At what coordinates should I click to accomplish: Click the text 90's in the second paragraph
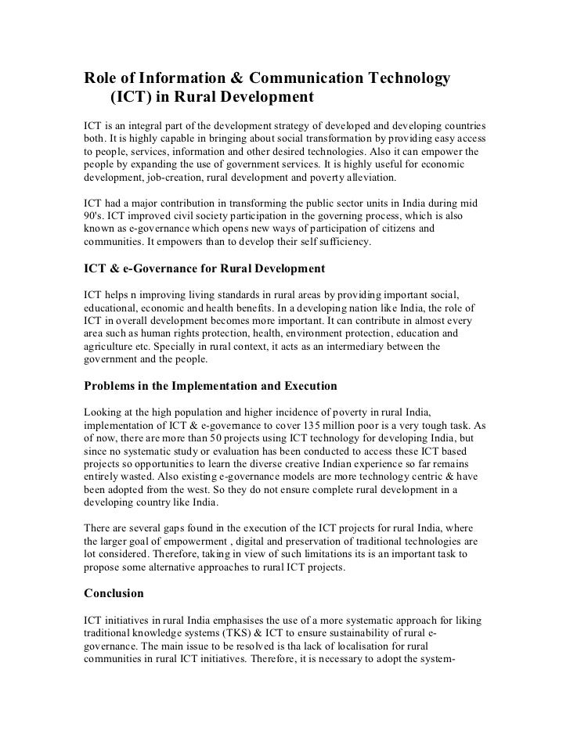click(x=94, y=217)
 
